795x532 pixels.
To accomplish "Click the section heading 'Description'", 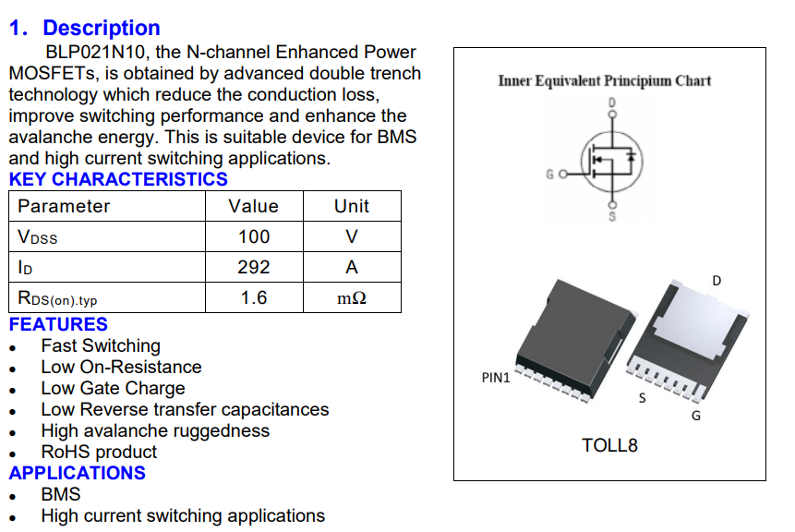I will point(101,28).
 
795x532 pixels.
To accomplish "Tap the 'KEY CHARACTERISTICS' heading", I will point(118,179).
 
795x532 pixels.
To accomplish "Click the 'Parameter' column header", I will point(64,206).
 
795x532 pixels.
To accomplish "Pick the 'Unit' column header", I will point(351,206).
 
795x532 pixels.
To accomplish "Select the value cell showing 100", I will point(254,236).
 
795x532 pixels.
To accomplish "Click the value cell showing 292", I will point(254,267).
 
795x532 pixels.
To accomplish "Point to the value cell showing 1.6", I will point(254,297).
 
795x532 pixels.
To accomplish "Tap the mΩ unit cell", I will point(351,298).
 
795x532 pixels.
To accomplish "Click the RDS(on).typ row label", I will point(57,298).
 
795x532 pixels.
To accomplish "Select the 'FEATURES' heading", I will point(58,324).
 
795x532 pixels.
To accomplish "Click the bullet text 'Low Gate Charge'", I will point(113,388).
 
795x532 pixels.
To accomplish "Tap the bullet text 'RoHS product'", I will point(99,452).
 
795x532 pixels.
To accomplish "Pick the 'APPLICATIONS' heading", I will point(78,473).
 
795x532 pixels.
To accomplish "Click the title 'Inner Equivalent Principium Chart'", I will point(605,80).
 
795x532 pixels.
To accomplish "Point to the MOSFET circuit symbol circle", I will point(609,159).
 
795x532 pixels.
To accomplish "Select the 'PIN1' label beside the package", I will point(496,378).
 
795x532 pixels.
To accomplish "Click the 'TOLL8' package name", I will point(609,445).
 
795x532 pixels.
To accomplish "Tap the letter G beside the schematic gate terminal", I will point(550,174).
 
